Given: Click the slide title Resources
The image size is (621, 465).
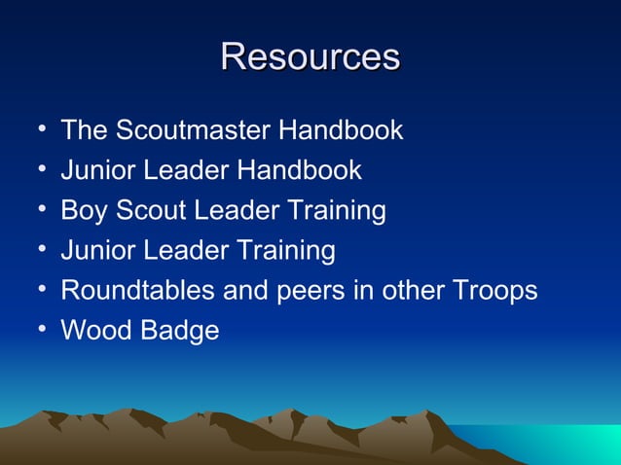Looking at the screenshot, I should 310,56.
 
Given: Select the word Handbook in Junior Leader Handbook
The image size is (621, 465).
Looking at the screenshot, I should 300,170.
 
